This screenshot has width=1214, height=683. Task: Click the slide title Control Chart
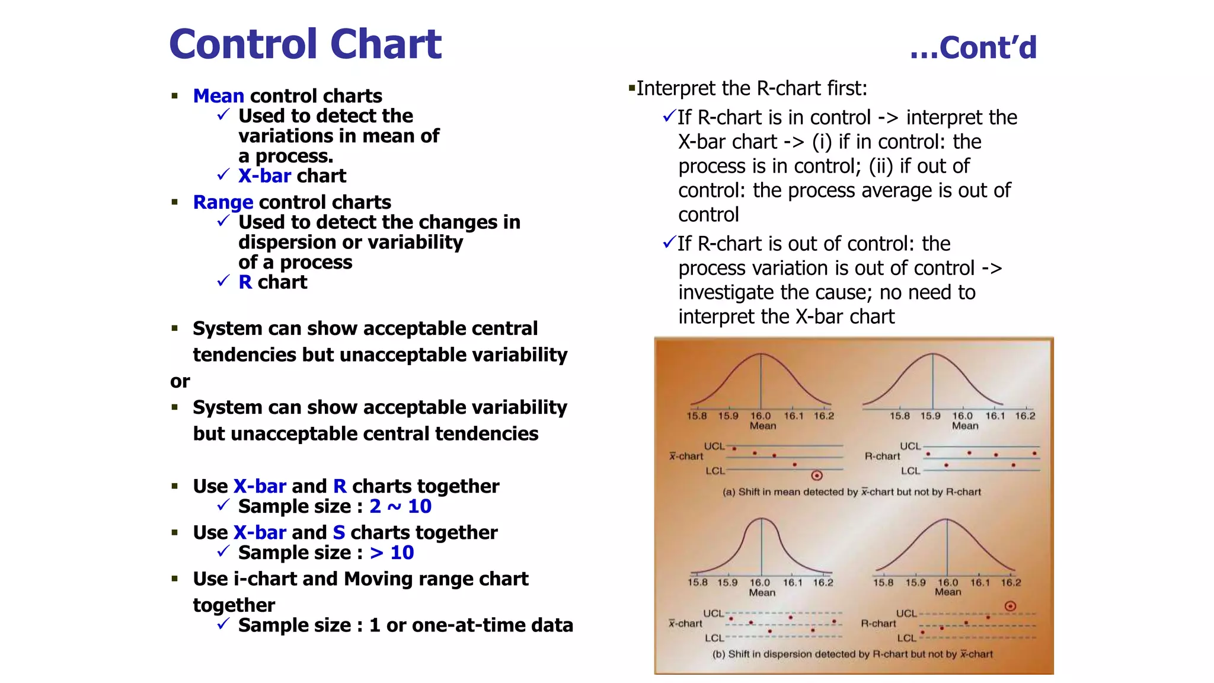point(305,44)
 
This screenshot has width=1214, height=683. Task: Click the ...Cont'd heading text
point(973,47)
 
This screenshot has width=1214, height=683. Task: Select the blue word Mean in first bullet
point(218,95)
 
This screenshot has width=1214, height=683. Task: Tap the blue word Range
point(223,202)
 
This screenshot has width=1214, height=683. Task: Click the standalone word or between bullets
point(180,381)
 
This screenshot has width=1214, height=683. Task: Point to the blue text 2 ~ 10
point(400,506)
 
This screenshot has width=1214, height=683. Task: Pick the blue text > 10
point(392,553)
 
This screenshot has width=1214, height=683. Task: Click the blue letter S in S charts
point(338,532)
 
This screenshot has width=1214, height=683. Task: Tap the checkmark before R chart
point(223,281)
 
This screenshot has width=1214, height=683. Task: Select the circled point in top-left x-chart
point(817,475)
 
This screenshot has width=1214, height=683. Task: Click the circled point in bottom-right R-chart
point(1011,606)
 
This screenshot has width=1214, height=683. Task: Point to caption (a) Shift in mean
point(851,492)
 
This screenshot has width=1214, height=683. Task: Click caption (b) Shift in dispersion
point(852,654)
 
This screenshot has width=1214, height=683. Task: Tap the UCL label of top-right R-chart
point(910,446)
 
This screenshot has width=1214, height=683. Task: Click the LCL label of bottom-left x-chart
point(714,638)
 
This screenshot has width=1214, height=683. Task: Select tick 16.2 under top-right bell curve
point(1025,416)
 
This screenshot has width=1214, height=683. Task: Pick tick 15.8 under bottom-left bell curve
point(697,582)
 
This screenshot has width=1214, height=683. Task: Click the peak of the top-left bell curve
point(761,354)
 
